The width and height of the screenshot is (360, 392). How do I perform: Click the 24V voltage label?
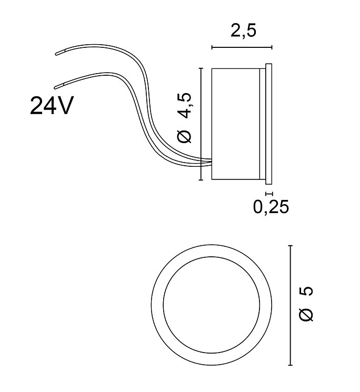[52, 106]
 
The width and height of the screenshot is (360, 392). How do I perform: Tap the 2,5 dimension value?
[243, 31]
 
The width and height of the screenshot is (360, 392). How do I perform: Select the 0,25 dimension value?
[271, 206]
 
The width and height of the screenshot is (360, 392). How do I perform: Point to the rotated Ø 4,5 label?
[185, 118]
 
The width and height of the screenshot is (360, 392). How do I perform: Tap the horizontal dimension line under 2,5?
[242, 47]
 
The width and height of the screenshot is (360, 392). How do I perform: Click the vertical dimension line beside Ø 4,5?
[201, 124]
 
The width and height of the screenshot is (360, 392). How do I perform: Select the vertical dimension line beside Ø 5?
[290, 305]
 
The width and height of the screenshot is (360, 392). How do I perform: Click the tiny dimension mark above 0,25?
[269, 193]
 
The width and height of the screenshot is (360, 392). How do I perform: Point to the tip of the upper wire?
[56, 54]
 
